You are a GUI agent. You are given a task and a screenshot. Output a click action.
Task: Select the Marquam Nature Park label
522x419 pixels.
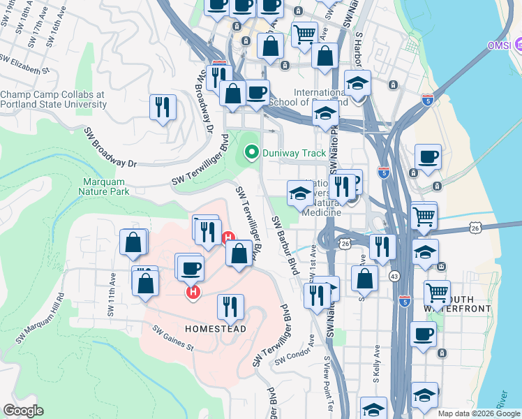[103, 185]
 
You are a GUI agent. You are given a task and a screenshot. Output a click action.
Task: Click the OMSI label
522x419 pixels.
[500, 46]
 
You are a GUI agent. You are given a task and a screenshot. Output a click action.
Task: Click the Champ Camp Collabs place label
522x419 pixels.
[53, 99]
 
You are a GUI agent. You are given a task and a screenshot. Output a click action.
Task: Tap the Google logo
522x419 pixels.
[23, 411]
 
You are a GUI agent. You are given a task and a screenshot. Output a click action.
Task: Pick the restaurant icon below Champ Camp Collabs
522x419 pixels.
[163, 106]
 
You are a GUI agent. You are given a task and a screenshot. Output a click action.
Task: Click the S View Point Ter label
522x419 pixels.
[327, 384]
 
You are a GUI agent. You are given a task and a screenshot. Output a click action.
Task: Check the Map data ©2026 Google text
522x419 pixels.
[479, 413]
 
